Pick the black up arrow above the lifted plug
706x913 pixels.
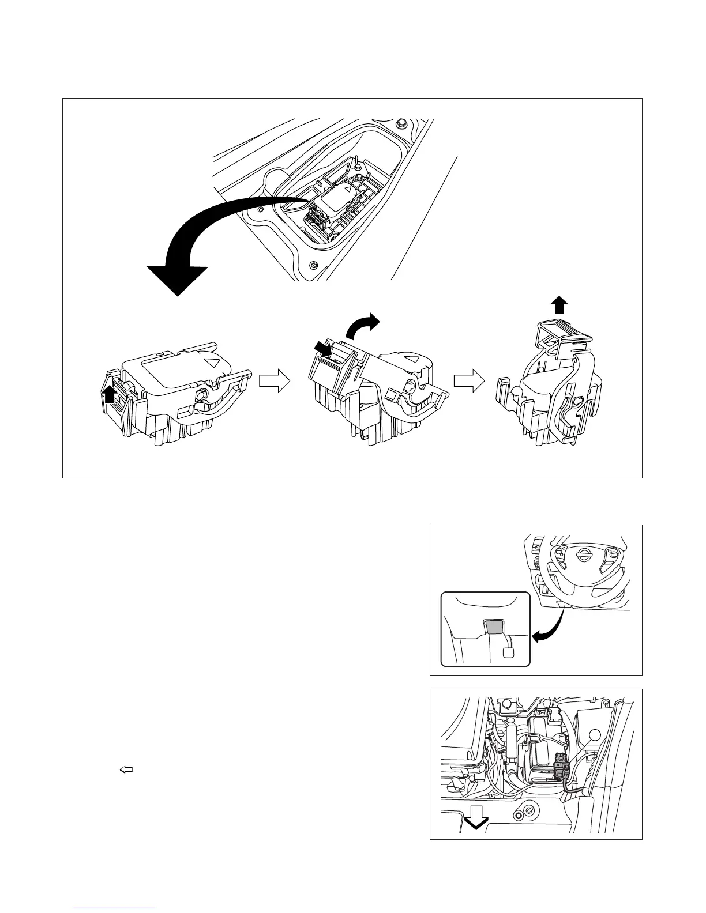click(559, 304)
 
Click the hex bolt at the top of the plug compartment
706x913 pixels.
click(400, 123)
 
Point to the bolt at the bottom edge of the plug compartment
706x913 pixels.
click(313, 265)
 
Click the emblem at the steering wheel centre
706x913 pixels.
click(583, 554)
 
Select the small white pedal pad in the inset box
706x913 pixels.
click(509, 652)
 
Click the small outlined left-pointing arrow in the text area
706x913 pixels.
click(126, 769)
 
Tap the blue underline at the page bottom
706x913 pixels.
click(115, 908)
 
